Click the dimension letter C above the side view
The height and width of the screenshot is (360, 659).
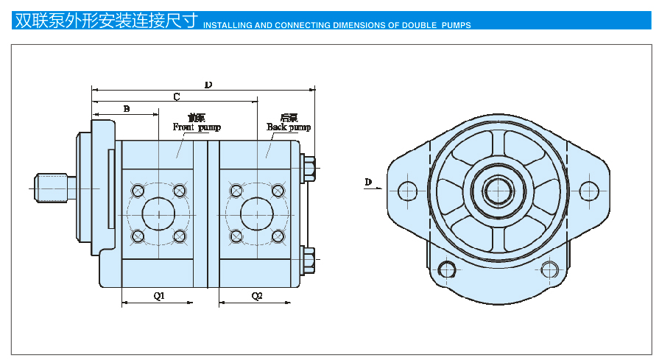[x=176, y=96]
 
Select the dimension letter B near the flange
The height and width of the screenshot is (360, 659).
[x=127, y=109]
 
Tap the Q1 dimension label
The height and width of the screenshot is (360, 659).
[x=158, y=296]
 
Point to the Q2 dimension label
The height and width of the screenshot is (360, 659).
[x=257, y=296]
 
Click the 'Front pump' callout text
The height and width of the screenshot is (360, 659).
[x=197, y=127]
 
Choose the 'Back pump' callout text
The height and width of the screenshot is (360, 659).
[x=289, y=127]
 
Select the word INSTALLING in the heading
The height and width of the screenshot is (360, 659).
[x=227, y=25]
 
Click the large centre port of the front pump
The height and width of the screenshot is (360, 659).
[x=158, y=214]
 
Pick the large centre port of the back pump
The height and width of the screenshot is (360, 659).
[x=257, y=214]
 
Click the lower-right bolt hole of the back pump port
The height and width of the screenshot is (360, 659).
[x=278, y=236]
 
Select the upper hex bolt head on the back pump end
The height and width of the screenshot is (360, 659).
[x=309, y=167]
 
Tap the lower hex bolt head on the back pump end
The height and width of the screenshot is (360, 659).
[x=309, y=258]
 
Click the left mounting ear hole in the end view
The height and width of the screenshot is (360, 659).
[x=407, y=191]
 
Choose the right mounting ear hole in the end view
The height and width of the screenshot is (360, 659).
[x=589, y=191]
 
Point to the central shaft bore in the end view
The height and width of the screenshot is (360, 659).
[x=498, y=191]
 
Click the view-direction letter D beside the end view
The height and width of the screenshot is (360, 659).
[x=369, y=181]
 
